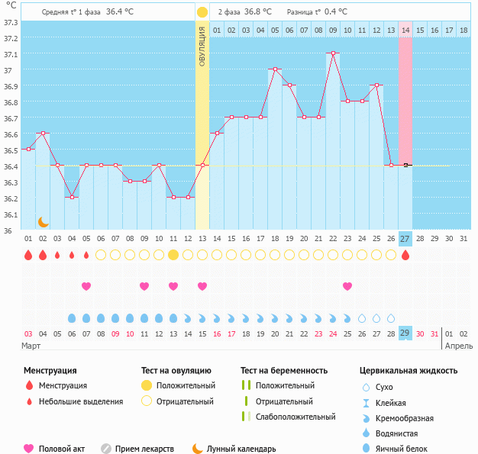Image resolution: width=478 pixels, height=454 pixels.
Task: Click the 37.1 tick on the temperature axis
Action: pos(11,55)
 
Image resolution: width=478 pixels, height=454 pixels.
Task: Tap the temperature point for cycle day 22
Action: pos(333,53)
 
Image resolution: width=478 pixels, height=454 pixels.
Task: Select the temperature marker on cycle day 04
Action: pos(72,197)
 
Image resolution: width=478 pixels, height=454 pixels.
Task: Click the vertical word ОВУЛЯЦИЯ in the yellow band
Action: pos(202,46)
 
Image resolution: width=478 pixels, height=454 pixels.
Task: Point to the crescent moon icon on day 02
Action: pos(44,221)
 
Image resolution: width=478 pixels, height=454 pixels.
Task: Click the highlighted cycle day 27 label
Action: pos(405,239)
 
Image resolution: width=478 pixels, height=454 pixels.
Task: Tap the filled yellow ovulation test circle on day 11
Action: pos(173,255)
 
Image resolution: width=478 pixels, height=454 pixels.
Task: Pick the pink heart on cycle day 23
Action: pos(347,286)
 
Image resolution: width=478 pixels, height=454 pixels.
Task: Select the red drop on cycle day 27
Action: pos(405,255)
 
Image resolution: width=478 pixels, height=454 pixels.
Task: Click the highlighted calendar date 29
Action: pos(405,333)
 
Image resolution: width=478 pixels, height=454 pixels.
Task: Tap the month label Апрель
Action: pos(458,346)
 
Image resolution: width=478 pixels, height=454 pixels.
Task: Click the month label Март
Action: pos(31,346)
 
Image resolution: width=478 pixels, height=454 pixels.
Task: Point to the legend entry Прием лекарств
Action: pos(144,449)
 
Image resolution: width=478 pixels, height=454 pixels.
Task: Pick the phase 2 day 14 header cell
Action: pos(405,30)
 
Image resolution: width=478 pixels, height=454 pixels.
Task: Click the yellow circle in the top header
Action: pos(202,12)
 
